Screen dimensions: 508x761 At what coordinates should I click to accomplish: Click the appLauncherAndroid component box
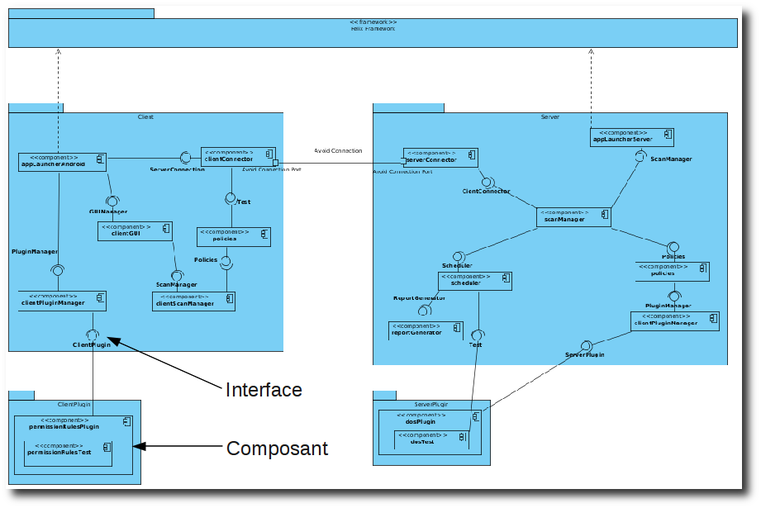(63, 161)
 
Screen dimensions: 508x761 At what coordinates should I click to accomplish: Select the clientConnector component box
(238, 156)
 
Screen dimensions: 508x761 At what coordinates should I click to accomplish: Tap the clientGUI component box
(134, 230)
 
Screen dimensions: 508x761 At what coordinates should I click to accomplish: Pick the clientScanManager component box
(193, 301)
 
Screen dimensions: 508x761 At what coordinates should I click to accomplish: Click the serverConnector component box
(440, 157)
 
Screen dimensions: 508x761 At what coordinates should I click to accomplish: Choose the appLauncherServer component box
(633, 137)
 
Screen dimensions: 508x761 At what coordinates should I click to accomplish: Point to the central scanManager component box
(573, 216)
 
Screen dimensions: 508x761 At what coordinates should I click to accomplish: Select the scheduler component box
(474, 281)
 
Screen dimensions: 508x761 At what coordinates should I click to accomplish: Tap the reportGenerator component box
(426, 330)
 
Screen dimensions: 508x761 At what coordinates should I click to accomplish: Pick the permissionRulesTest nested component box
(68, 450)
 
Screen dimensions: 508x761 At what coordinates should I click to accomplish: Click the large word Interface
(264, 390)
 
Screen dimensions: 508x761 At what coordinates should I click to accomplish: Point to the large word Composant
(277, 449)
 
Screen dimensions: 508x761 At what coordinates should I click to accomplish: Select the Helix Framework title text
(373, 28)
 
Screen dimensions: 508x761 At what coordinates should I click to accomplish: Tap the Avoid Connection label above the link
(338, 150)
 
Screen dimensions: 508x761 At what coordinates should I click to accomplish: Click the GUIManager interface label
(108, 211)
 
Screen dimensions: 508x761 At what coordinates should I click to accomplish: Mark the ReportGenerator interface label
(420, 297)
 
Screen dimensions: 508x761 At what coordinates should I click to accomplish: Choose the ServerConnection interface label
(177, 169)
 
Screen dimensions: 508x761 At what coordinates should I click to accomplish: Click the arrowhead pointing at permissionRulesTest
(139, 447)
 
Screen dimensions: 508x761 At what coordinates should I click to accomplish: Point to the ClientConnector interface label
(486, 191)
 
